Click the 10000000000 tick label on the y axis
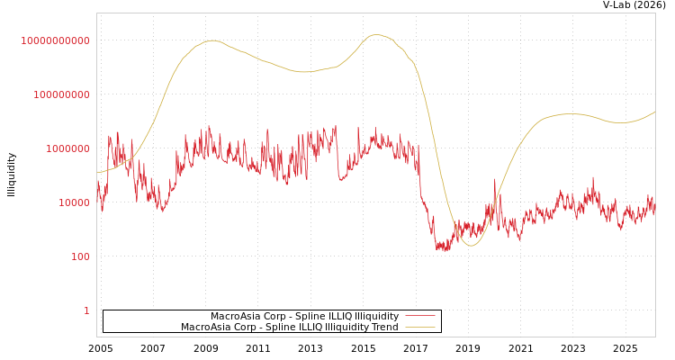pyautogui.click(x=55, y=40)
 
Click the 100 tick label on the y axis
pyautogui.click(x=80, y=256)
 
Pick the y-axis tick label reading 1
pyautogui.click(x=86, y=310)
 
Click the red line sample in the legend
pyautogui.click(x=419, y=316)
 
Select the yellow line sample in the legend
pyautogui.click(x=419, y=327)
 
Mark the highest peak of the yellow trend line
pyautogui.click(x=377, y=35)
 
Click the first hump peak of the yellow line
pyautogui.click(x=212, y=40)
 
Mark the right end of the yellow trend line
pyautogui.click(x=654, y=112)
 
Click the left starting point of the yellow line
pyautogui.click(x=97, y=172)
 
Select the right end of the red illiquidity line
pyautogui.click(x=654, y=209)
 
